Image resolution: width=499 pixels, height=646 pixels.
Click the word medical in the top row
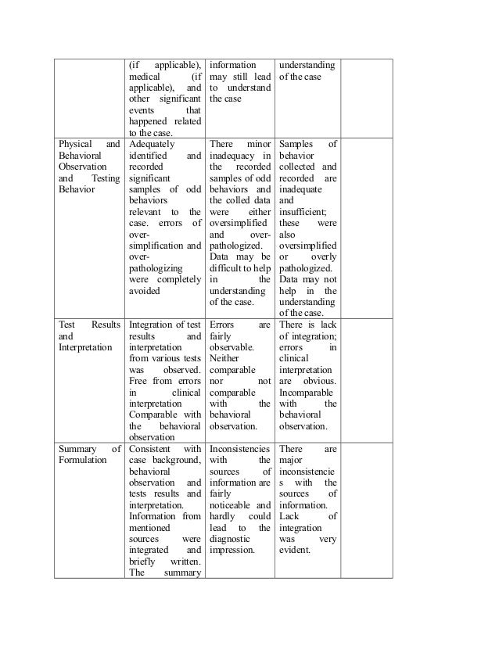tap(145, 77)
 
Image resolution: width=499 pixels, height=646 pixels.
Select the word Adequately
tap(152, 144)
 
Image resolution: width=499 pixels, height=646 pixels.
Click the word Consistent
tap(153, 449)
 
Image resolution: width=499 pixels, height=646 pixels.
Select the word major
tap(293, 460)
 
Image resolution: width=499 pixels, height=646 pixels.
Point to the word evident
tap(297, 550)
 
